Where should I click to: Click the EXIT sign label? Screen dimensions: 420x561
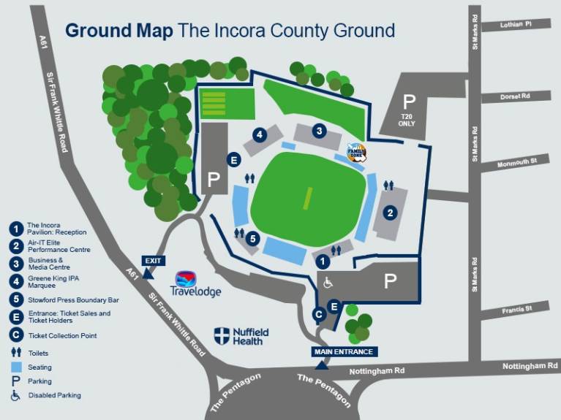[x=152, y=260]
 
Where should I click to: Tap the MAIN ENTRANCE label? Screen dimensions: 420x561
[x=344, y=351]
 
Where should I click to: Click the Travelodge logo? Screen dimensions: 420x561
[x=195, y=285]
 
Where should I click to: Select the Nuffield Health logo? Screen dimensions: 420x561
[x=241, y=336]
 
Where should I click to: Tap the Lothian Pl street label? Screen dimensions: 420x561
[x=516, y=25]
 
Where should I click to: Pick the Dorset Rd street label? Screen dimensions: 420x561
[x=515, y=96]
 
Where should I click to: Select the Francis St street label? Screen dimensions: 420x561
[x=516, y=309]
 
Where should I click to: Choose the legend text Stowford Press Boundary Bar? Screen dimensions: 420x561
[x=73, y=299]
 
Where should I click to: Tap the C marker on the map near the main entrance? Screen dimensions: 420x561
[x=318, y=314]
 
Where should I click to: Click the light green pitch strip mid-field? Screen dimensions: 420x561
[x=308, y=197]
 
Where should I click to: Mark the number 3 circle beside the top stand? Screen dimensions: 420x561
[x=318, y=131]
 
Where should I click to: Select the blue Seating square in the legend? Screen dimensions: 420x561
[x=15, y=367]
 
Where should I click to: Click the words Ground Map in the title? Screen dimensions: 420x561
[x=119, y=31]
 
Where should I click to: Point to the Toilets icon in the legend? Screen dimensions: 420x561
[x=15, y=352]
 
